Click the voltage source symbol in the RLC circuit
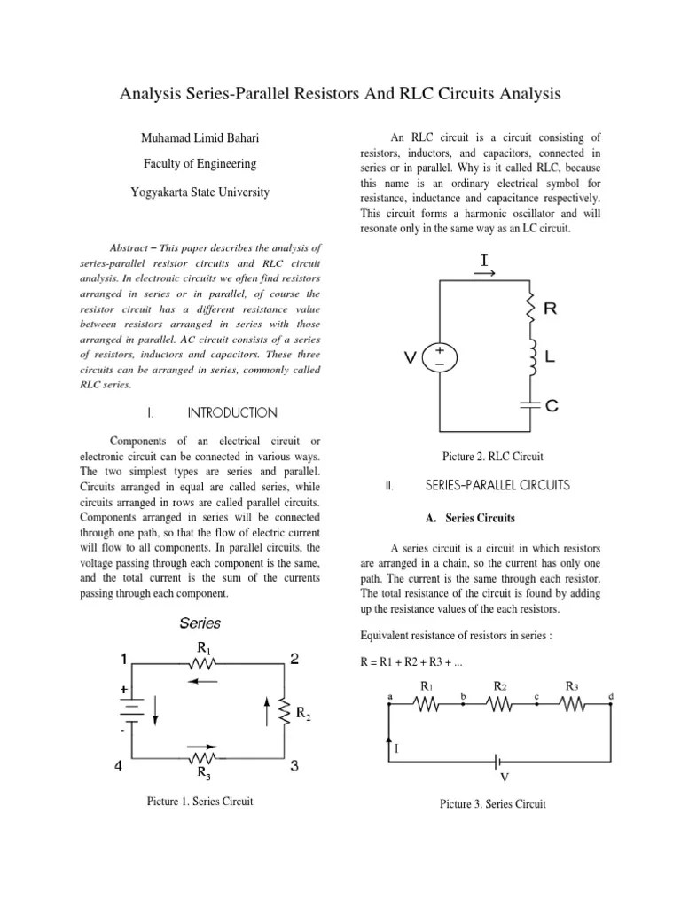pos(441,357)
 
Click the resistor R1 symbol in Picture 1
pos(205,661)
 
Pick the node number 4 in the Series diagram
pos(118,768)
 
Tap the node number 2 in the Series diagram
pos(294,658)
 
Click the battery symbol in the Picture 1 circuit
pos(130,709)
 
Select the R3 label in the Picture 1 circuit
pos(204,777)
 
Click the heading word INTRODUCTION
pos(232,413)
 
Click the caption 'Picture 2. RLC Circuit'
pos(492,457)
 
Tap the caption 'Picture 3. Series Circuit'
pos(493,804)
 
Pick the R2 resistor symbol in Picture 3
pos(499,704)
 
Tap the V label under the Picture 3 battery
pos(505,778)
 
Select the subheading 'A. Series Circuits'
pos(471,518)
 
